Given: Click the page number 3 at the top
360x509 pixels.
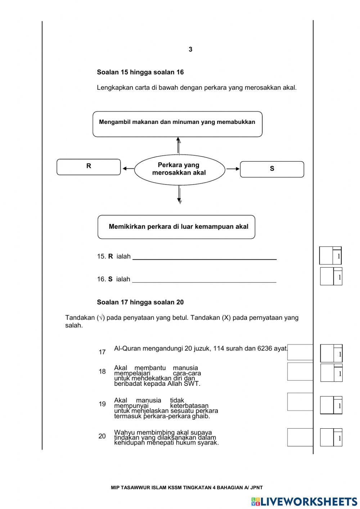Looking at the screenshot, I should (x=190, y=50).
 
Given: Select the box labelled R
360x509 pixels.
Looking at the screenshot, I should (x=89, y=167).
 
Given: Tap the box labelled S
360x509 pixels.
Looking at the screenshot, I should (x=272, y=169).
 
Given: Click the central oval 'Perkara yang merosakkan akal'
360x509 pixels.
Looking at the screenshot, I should (x=179, y=169).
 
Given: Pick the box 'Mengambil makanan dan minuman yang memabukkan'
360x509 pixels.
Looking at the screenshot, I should (x=177, y=124).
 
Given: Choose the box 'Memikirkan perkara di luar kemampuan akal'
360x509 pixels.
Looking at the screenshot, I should (x=176, y=227).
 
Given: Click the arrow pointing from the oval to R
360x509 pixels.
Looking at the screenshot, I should (x=128, y=168).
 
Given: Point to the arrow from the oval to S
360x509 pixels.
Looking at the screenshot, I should (x=233, y=169).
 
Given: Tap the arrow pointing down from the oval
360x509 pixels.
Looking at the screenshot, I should (x=179, y=195).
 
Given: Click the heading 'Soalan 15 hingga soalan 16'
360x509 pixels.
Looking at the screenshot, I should (x=140, y=72).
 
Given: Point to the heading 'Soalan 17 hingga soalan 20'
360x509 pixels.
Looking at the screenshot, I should (x=140, y=303).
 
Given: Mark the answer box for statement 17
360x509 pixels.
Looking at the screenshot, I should (x=300, y=352).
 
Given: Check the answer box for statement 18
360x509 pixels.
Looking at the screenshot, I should (x=300, y=371).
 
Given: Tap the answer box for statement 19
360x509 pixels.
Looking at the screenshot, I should (x=300, y=402).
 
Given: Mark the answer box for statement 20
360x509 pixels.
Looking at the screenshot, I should (x=300, y=437).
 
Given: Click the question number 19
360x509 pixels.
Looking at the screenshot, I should (x=102, y=404).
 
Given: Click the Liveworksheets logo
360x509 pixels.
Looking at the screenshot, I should (x=304, y=501).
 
